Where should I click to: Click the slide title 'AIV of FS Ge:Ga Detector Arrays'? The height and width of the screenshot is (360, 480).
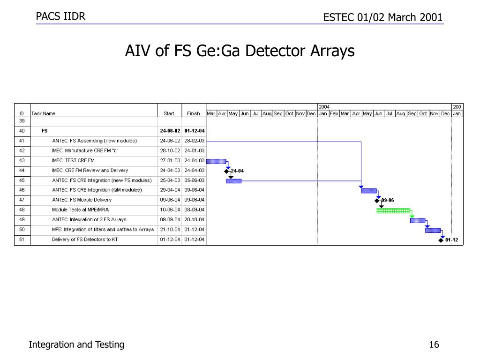[240, 51]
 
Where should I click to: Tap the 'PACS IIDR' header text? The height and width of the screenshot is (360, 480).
[61, 17]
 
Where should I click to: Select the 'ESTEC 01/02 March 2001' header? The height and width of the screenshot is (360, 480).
[383, 17]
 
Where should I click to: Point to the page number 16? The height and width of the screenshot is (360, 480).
[434, 345]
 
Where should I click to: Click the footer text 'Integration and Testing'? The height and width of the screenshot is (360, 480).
[76, 345]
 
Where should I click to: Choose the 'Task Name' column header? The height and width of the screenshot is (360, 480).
[43, 113]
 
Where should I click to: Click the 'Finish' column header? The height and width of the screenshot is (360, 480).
[193, 113]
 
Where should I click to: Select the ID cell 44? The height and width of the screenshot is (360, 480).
[22, 171]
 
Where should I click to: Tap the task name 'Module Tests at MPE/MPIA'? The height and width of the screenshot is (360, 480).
[80, 210]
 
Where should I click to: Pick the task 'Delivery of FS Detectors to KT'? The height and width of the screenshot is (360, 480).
[85, 240]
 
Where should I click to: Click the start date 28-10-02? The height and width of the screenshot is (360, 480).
[170, 151]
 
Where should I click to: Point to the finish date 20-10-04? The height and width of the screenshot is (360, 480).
[194, 220]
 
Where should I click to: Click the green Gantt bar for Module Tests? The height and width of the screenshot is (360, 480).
[393, 210]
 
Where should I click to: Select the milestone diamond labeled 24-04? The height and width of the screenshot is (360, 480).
[226, 171]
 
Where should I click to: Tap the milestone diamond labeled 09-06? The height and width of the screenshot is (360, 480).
[377, 201]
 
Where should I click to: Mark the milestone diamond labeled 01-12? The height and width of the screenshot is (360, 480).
[441, 240]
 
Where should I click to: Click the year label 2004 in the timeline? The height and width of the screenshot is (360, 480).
[324, 107]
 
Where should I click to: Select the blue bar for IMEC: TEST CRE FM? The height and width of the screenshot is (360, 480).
[216, 161]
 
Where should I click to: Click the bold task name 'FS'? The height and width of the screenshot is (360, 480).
[45, 131]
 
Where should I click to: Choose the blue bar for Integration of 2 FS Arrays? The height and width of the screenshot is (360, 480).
[417, 220]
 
